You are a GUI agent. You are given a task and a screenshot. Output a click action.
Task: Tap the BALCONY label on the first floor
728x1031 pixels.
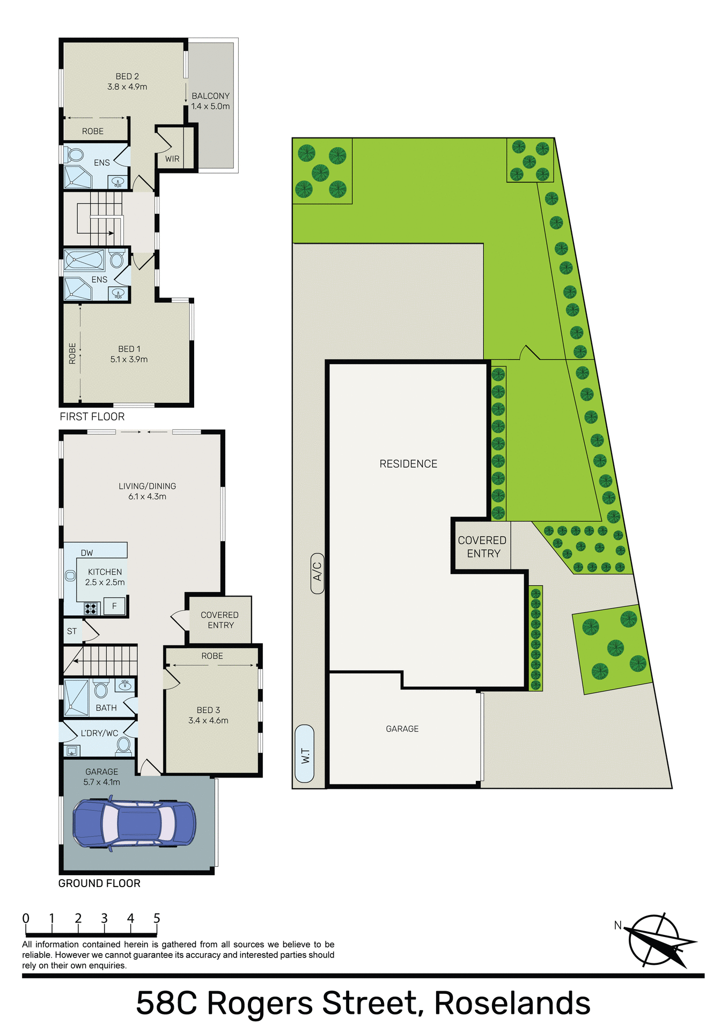pos(210,96)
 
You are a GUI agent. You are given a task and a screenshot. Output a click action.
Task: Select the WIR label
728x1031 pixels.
pos(172,159)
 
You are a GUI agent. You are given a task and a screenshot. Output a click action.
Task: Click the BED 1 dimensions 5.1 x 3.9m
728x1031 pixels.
pos(129,359)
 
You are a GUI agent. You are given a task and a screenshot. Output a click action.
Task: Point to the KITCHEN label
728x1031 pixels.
pos(105,572)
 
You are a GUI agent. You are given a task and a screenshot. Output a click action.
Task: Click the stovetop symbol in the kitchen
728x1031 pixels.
pos(91,608)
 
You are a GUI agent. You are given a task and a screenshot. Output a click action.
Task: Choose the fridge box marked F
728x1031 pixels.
pos(114,606)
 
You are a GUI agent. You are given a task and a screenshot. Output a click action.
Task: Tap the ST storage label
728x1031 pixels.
pos(72,631)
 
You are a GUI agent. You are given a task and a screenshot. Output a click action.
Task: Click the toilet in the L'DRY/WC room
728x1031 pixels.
pos(124,745)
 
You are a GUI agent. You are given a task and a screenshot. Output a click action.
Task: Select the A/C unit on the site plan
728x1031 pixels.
pos(317,572)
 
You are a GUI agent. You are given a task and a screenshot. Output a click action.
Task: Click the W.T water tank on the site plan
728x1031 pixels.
pos(305,753)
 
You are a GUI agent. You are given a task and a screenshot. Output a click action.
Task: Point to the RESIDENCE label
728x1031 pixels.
pos(408,464)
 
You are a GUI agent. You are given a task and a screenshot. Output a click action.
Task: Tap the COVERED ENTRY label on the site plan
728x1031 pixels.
pos(482,547)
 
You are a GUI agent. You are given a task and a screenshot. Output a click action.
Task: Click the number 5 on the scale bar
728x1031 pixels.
pos(157,918)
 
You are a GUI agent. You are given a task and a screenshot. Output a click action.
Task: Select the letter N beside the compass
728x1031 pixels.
pos(617,925)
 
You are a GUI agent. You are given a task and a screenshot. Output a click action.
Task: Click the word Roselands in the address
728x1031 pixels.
pos(512,1003)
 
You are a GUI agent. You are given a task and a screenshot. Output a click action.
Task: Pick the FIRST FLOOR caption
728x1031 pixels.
pos(92,417)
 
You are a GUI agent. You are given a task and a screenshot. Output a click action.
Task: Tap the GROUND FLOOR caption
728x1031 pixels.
pos(99,883)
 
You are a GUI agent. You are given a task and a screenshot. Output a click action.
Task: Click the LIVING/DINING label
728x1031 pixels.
pos(147,486)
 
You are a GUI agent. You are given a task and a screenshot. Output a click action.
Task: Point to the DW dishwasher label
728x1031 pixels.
pos(87,553)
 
